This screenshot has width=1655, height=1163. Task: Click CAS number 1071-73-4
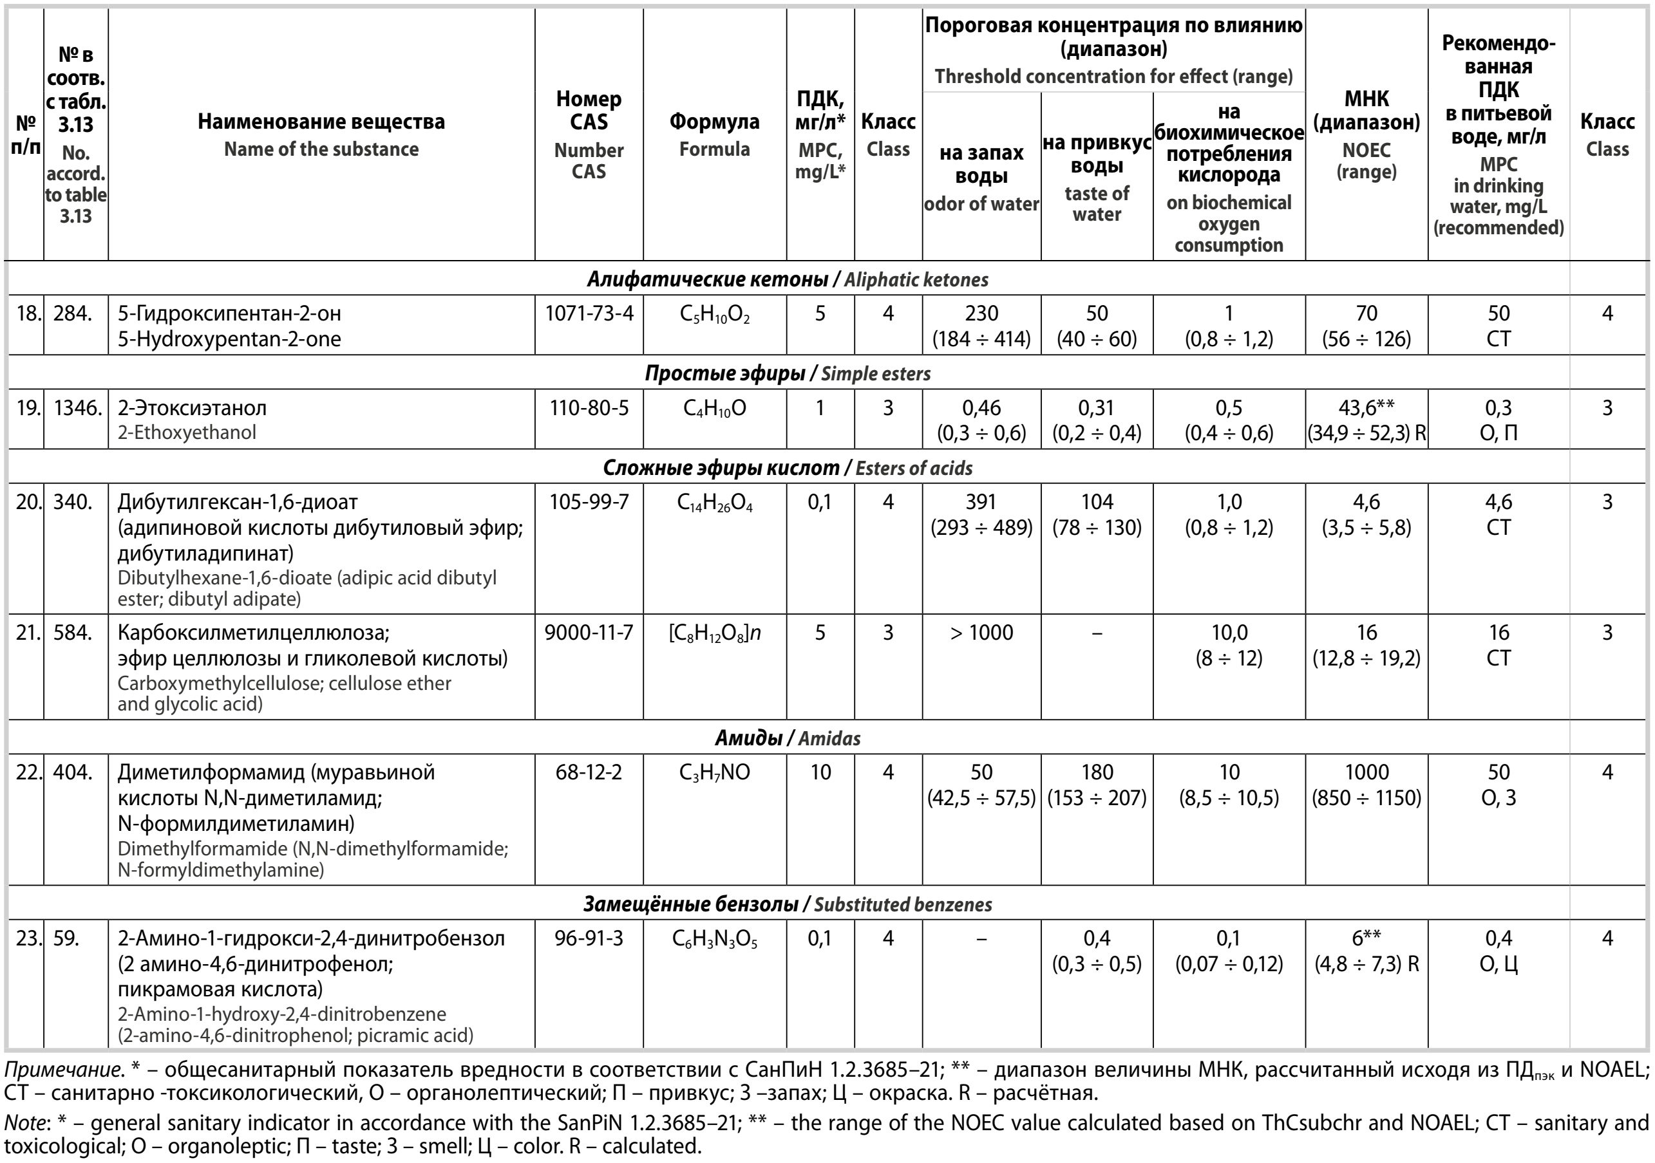coord(588,313)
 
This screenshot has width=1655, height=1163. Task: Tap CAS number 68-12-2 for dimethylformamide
coord(588,772)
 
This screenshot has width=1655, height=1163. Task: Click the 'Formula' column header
coord(714,134)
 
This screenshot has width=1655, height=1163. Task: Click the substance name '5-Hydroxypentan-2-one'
coord(229,339)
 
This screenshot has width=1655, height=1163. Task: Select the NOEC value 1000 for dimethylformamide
coord(1366,772)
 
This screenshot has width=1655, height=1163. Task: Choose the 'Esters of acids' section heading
coord(913,469)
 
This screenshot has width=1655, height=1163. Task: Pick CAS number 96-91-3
coord(588,938)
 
